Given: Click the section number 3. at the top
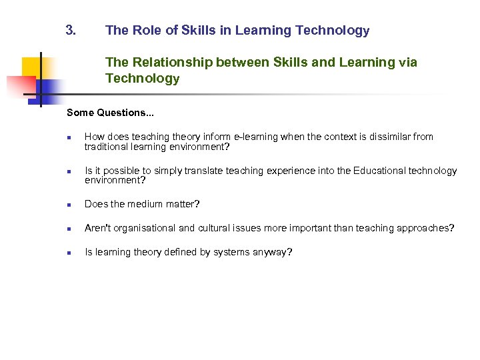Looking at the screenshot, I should [x=71, y=30].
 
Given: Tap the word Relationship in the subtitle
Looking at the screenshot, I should [x=169, y=62].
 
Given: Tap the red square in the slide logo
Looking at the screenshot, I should [x=20, y=85].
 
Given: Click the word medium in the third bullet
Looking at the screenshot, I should [x=148, y=204].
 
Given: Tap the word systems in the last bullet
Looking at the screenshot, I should [x=231, y=252].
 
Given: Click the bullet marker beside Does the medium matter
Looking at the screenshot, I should [x=69, y=205].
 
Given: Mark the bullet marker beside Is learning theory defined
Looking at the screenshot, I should [x=69, y=253].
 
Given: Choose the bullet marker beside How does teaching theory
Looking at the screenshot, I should [x=69, y=137].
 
